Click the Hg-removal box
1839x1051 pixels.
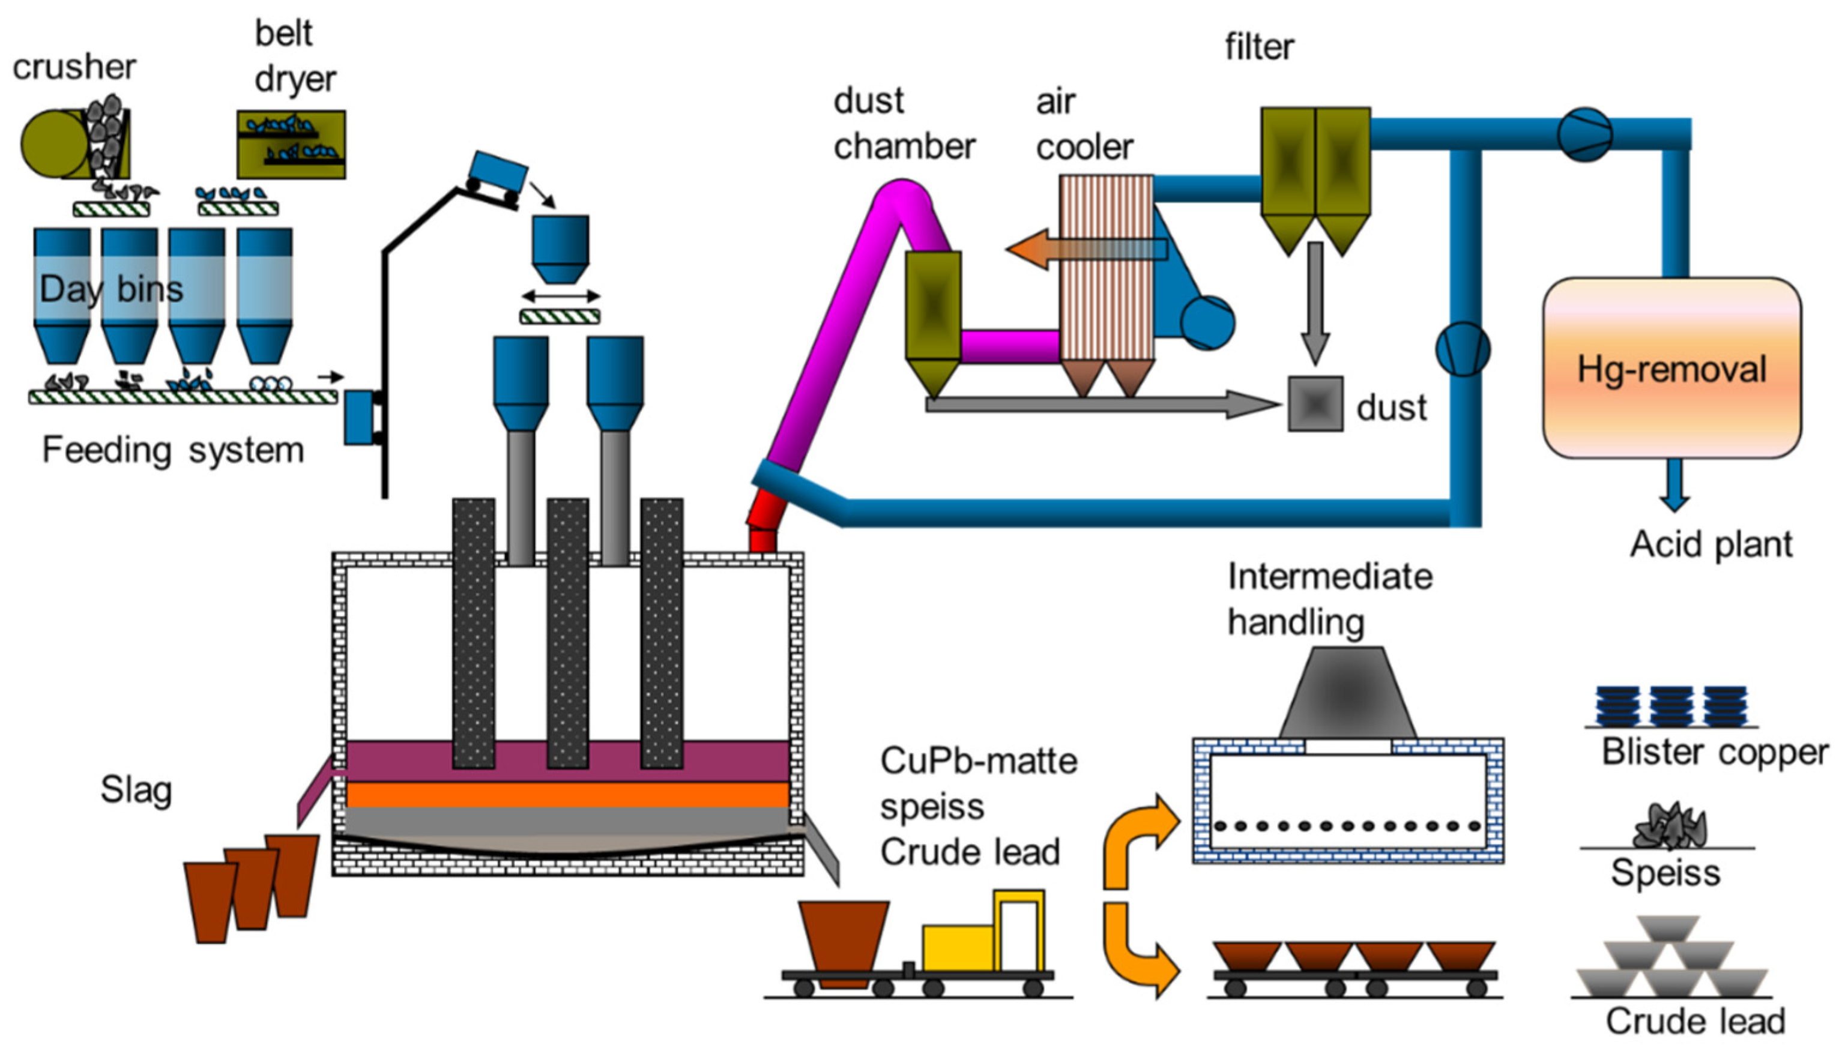point(1671,368)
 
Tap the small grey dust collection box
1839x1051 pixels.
point(1315,404)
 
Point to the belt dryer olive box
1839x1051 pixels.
point(291,145)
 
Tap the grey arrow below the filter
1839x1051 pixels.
point(1315,303)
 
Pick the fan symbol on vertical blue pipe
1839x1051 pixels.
point(1463,349)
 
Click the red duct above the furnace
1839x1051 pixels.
point(765,520)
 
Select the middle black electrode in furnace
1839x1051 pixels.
point(567,631)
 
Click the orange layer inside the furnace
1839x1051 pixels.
point(567,794)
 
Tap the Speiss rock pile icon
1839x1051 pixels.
point(1669,827)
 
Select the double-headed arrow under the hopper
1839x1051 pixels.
point(561,296)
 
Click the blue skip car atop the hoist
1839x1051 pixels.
point(498,173)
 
